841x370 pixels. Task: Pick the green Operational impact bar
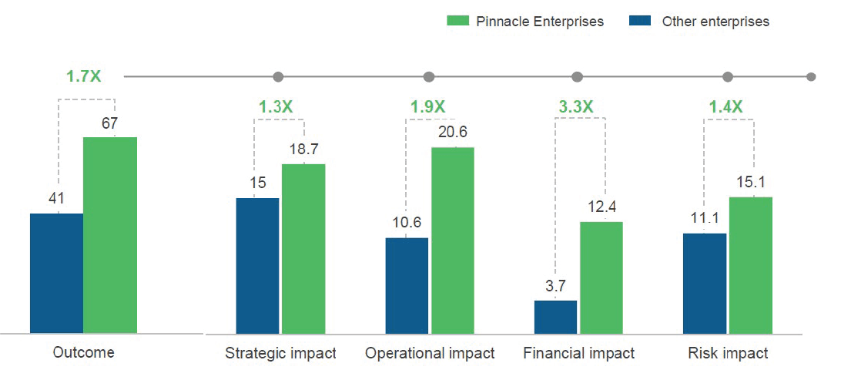click(x=453, y=240)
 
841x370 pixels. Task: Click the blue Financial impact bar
click(x=555, y=317)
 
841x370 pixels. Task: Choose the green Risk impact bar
click(x=751, y=265)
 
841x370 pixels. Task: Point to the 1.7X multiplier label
click(x=84, y=76)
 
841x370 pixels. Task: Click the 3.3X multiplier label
click(x=576, y=106)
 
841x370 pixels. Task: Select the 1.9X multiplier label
click(x=427, y=106)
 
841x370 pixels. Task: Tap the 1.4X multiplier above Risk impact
click(x=725, y=106)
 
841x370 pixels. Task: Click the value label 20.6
click(x=453, y=133)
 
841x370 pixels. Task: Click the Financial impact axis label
click(x=578, y=354)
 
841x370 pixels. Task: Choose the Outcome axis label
click(x=83, y=352)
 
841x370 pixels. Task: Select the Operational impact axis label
click(x=430, y=354)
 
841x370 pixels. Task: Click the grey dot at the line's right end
click(x=811, y=77)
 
